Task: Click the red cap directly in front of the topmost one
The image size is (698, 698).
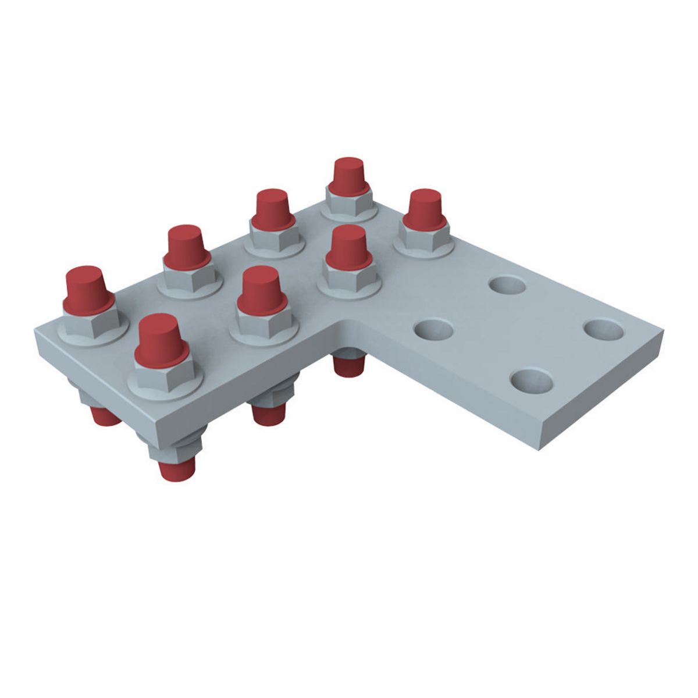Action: pos(348,247)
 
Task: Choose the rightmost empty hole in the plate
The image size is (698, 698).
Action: pos(604,330)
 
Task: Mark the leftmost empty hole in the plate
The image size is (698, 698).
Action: pos(433,330)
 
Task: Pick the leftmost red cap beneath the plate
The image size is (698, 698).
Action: pos(105,415)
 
